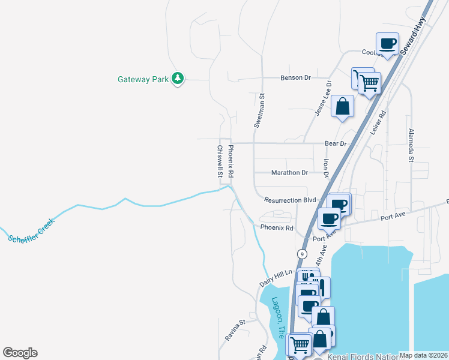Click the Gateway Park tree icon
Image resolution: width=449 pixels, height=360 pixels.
pyautogui.click(x=177, y=78)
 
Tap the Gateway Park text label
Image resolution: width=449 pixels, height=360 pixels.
pyautogui.click(x=143, y=79)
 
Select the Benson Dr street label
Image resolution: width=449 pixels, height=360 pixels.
pyautogui.click(x=295, y=77)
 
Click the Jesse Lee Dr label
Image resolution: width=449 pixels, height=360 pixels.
pyautogui.click(x=324, y=99)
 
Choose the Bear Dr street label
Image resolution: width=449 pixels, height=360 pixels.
pyautogui.click(x=336, y=143)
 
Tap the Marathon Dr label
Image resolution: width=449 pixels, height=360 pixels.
pyautogui.click(x=289, y=172)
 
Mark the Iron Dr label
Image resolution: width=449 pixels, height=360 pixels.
pyautogui.click(x=327, y=168)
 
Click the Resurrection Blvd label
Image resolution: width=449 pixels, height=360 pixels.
pyautogui.click(x=290, y=200)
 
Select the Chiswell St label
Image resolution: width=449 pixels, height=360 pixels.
pyautogui.click(x=220, y=162)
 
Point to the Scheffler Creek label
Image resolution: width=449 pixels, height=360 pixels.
pyautogui.click(x=32, y=230)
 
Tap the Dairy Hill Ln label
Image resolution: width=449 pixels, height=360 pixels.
pyautogui.click(x=276, y=277)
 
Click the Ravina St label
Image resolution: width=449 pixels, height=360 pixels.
pyautogui.click(x=236, y=330)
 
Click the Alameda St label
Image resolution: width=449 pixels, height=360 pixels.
pyautogui.click(x=411, y=145)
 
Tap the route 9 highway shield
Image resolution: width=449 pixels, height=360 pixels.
pyautogui.click(x=300, y=254)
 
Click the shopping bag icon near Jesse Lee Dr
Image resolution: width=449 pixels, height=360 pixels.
pyautogui.click(x=342, y=107)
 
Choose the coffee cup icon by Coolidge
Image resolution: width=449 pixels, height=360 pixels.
pyautogui.click(x=387, y=44)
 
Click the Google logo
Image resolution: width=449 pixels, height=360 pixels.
pyautogui.click(x=20, y=353)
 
